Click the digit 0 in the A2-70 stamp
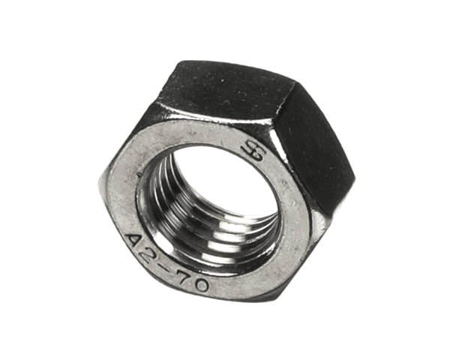point(206,285)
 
